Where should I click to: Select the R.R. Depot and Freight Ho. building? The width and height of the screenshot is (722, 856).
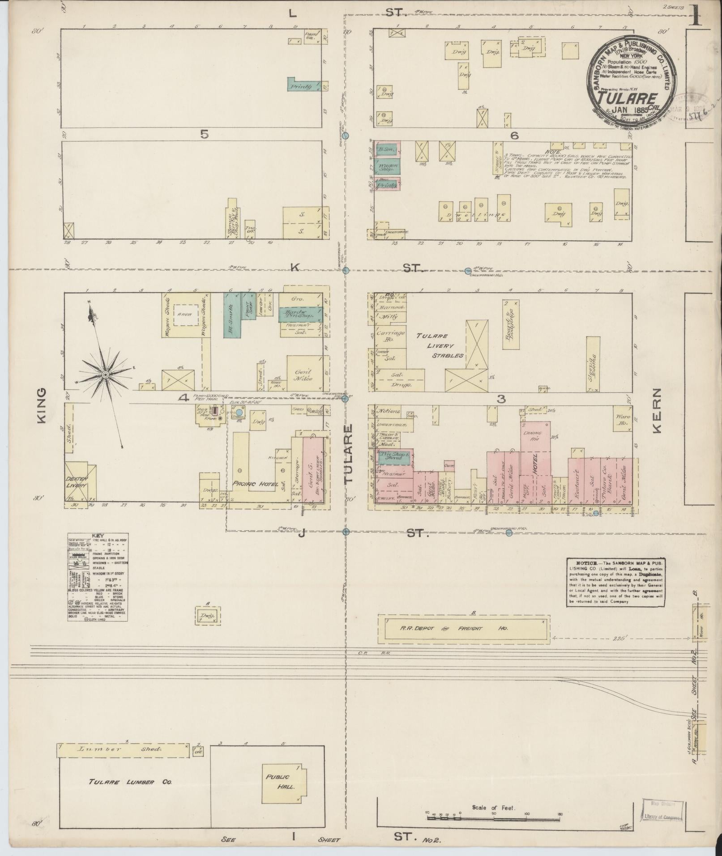[x=463, y=628]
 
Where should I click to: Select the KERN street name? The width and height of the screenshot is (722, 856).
[x=657, y=411]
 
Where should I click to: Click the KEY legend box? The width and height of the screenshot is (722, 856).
[x=98, y=577]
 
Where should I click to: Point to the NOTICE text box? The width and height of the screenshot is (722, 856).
[x=616, y=582]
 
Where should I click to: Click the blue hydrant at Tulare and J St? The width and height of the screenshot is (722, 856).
[x=346, y=532]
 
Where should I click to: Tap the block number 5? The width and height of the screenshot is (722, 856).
[x=205, y=134]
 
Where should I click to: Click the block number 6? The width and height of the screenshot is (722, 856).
[x=514, y=134]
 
